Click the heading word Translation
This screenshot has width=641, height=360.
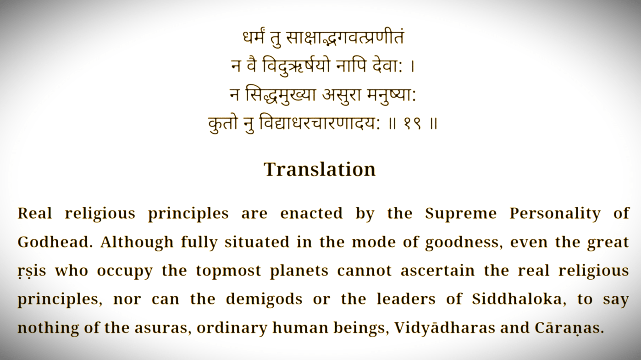[x=320, y=169]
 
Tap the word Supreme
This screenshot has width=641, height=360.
[x=461, y=214]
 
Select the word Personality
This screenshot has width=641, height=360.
[x=555, y=214]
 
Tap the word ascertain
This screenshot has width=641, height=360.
[x=437, y=271]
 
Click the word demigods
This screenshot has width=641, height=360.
[x=264, y=300]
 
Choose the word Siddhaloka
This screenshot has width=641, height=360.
[x=519, y=299]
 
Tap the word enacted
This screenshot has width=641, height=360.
[x=311, y=214]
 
